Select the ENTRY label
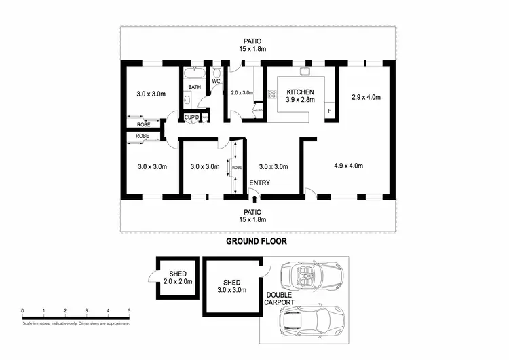pyautogui.click(x=259, y=183)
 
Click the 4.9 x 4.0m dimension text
pyautogui.click(x=348, y=166)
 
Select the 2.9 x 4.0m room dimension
pyautogui.click(x=366, y=97)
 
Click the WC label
pyautogui.click(x=216, y=82)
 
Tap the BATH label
pyautogui.click(x=194, y=87)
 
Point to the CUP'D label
pyautogui.click(x=192, y=118)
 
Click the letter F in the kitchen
pyautogui.click(x=330, y=111)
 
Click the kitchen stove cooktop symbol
pyautogui.click(x=272, y=94)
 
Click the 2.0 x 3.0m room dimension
pyautogui.click(x=242, y=93)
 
